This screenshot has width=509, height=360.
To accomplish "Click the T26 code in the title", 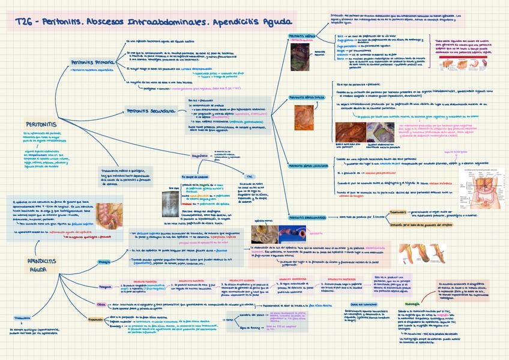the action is pyautogui.click(x=24, y=22).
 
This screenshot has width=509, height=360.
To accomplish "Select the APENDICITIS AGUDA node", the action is pyautogui.click(x=41, y=265).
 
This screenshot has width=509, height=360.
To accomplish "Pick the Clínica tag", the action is pyautogui.click(x=101, y=304).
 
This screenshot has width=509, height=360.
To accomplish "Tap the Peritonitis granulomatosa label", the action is pyautogui.click(x=307, y=218).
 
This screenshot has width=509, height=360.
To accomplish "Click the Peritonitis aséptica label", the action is pyautogui.click(x=304, y=36).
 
